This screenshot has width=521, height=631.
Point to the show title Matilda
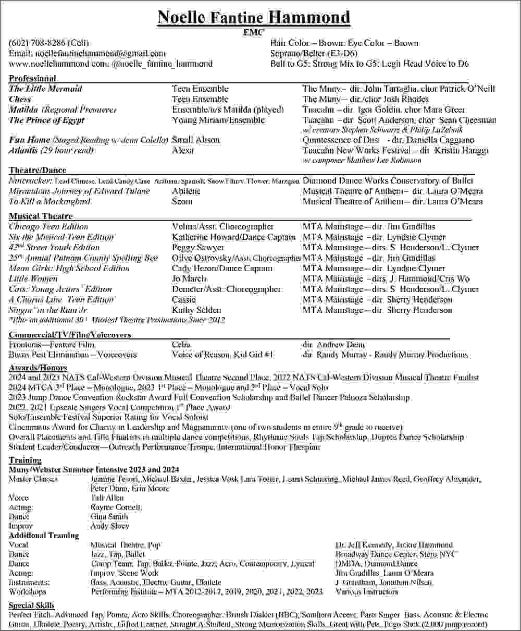(24, 110)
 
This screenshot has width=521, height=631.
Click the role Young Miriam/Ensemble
(218, 120)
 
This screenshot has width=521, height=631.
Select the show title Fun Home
(29, 140)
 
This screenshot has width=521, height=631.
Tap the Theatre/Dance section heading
(38, 171)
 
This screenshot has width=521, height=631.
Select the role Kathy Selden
(196, 310)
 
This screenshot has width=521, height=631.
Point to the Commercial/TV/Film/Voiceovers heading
(70, 335)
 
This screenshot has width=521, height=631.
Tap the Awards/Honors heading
(38, 368)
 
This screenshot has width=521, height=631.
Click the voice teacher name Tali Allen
(107, 498)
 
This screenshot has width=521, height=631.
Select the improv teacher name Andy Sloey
(109, 526)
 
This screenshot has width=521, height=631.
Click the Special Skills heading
(32, 605)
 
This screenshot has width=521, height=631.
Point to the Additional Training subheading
(44, 536)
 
